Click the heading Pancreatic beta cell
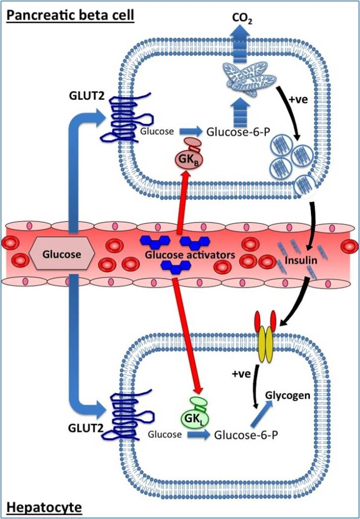pos(70,15)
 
